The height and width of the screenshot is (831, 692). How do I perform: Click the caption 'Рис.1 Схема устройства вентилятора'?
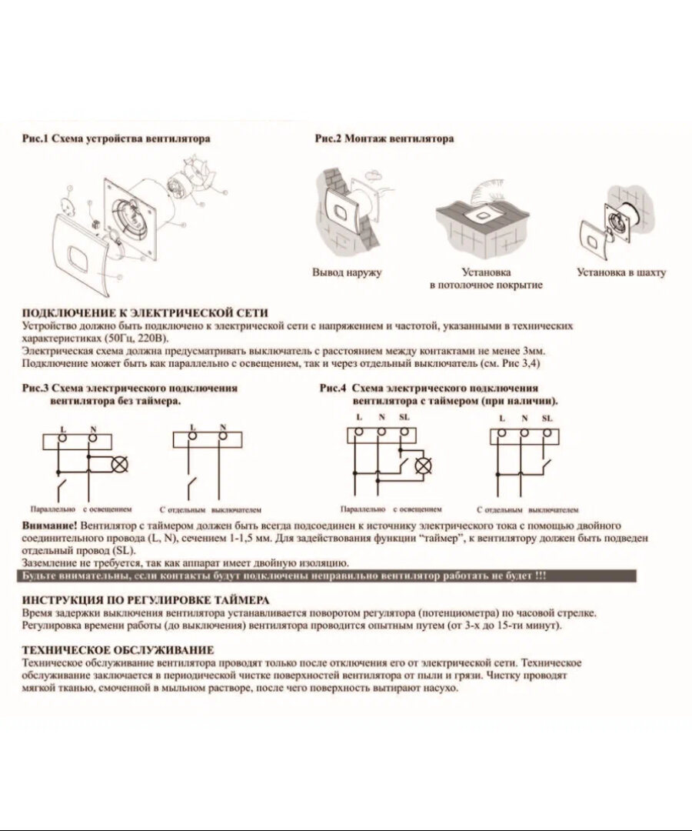(116, 139)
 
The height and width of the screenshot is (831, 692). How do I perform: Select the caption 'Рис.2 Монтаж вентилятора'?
(384, 138)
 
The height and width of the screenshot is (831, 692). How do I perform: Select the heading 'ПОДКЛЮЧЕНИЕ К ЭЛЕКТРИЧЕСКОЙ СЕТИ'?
(145, 313)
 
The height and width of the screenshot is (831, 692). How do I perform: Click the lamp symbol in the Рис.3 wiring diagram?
(119, 465)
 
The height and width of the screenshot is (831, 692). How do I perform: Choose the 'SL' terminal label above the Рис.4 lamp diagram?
(405, 417)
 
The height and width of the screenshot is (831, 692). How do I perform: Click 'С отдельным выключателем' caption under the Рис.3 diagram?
(211, 509)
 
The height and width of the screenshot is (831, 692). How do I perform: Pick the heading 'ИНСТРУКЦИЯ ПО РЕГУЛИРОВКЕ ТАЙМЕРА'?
(146, 599)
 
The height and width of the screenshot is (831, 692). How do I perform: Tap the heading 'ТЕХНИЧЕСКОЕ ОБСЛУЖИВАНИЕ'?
(118, 650)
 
